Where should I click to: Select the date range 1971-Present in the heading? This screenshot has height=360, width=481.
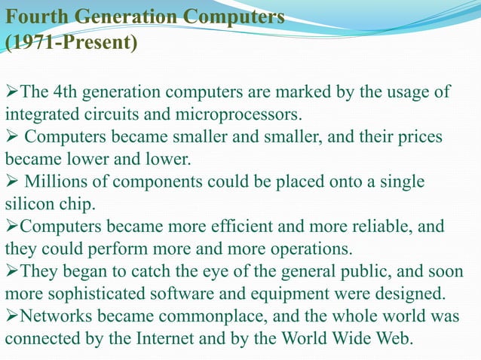pyautogui.click(x=72, y=42)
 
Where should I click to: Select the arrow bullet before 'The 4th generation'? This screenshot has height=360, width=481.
pyautogui.click(x=11, y=93)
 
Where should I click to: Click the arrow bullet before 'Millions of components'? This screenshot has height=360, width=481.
pyautogui.click(x=11, y=182)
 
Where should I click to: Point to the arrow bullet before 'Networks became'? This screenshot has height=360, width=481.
pyautogui.click(x=11, y=316)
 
